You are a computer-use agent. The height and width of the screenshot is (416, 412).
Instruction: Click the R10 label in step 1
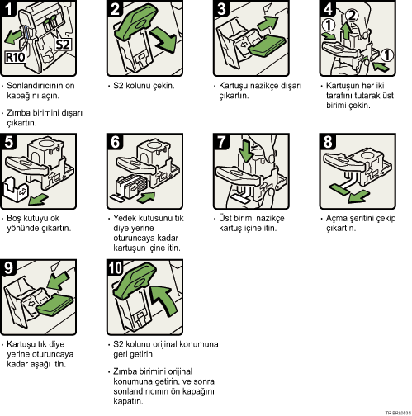[16, 58]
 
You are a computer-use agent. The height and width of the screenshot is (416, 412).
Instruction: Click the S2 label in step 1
[63, 45]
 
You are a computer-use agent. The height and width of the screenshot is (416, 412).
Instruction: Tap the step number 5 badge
[8, 141]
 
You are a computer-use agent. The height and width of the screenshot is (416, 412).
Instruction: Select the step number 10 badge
[116, 267]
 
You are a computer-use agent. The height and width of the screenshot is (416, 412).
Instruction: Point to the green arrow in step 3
[268, 23]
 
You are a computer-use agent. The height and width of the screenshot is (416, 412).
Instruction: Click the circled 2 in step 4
[352, 16]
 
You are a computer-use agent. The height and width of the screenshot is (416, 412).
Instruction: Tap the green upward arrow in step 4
[347, 31]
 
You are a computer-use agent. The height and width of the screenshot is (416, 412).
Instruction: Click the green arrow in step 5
[39, 199]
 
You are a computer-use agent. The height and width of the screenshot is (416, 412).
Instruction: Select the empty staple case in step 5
[15, 190]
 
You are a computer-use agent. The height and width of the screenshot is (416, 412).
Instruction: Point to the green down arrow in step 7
[246, 152]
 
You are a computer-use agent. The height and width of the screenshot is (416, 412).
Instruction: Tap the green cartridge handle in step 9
[55, 305]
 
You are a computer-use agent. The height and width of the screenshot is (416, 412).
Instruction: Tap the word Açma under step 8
[336, 219]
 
